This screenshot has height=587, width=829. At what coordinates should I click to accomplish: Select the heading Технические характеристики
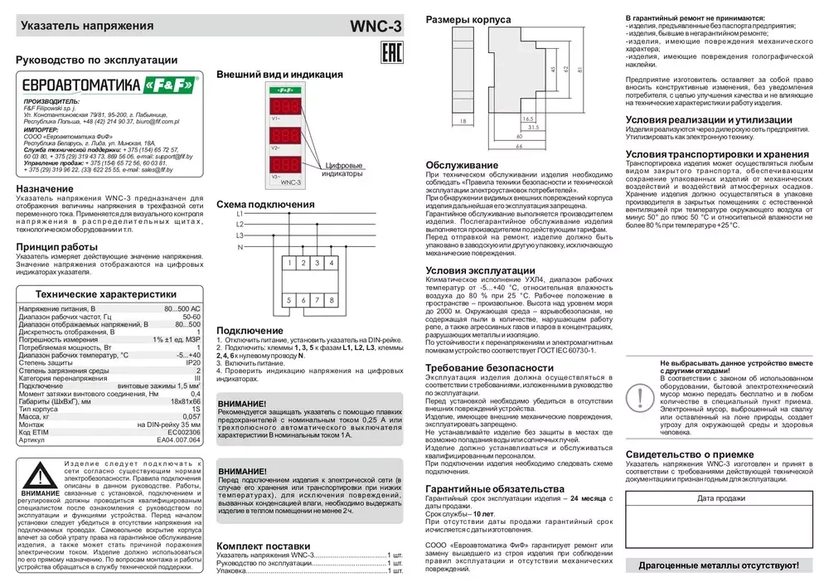[x=105, y=294]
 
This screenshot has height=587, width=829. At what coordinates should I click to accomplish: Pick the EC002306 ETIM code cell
[x=184, y=432]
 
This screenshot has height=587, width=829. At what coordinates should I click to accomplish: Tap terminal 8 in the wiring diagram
[x=332, y=299]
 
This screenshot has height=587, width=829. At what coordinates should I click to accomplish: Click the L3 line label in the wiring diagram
[x=240, y=235]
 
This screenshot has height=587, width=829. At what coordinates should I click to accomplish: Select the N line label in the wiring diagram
[x=240, y=247]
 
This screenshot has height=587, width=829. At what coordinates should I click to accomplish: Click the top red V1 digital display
[x=284, y=106]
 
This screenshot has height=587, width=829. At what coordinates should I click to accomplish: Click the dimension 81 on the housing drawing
[x=580, y=69]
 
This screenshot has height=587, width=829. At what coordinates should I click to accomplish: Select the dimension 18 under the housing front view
[x=463, y=121]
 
